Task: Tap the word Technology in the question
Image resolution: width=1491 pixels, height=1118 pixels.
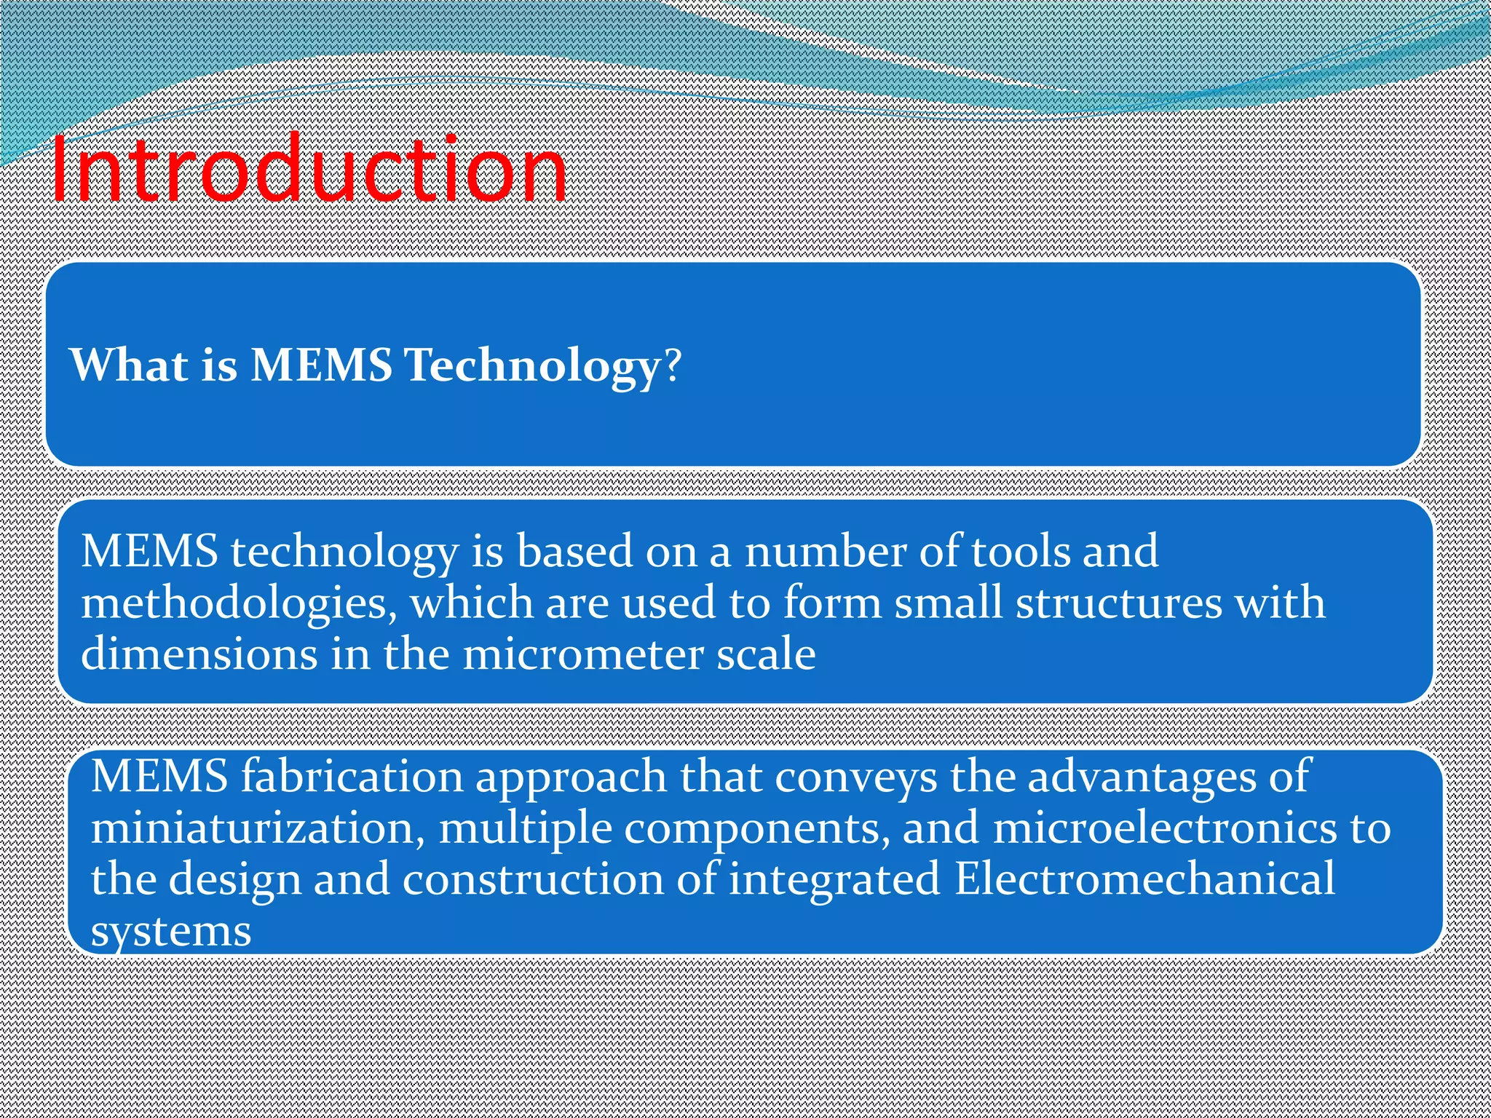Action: click(532, 365)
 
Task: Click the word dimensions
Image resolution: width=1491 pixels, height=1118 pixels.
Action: click(199, 654)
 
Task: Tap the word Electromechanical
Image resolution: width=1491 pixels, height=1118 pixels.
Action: click(1144, 879)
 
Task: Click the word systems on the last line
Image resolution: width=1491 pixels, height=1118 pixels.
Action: click(171, 931)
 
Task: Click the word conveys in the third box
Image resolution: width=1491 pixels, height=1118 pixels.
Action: click(856, 777)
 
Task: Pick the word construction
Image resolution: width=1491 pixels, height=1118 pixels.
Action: click(533, 879)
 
